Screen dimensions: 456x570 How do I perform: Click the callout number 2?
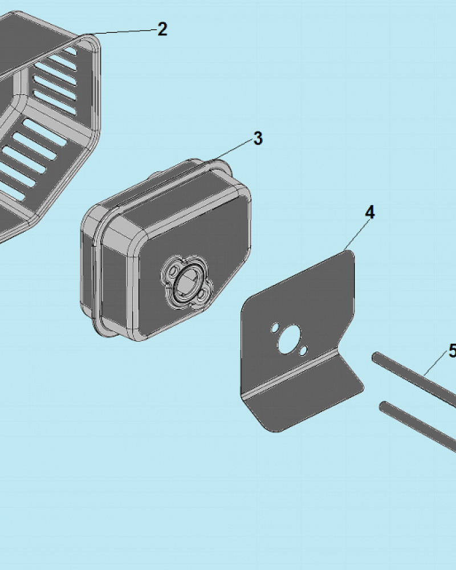coord(162,29)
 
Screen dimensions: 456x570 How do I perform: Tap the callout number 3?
coord(258,139)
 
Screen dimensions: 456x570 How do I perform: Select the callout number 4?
coord(370,212)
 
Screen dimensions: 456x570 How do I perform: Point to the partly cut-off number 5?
coord(453,351)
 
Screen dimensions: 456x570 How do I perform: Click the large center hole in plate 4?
coord(289,339)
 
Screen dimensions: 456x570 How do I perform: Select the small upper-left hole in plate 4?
coord(275,328)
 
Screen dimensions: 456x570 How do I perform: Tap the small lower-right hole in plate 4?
coord(303,351)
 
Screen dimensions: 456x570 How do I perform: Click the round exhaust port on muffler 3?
coord(187,283)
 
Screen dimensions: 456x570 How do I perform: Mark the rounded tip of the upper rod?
coord(375,356)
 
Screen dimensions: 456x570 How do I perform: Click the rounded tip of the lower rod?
coord(382,405)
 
